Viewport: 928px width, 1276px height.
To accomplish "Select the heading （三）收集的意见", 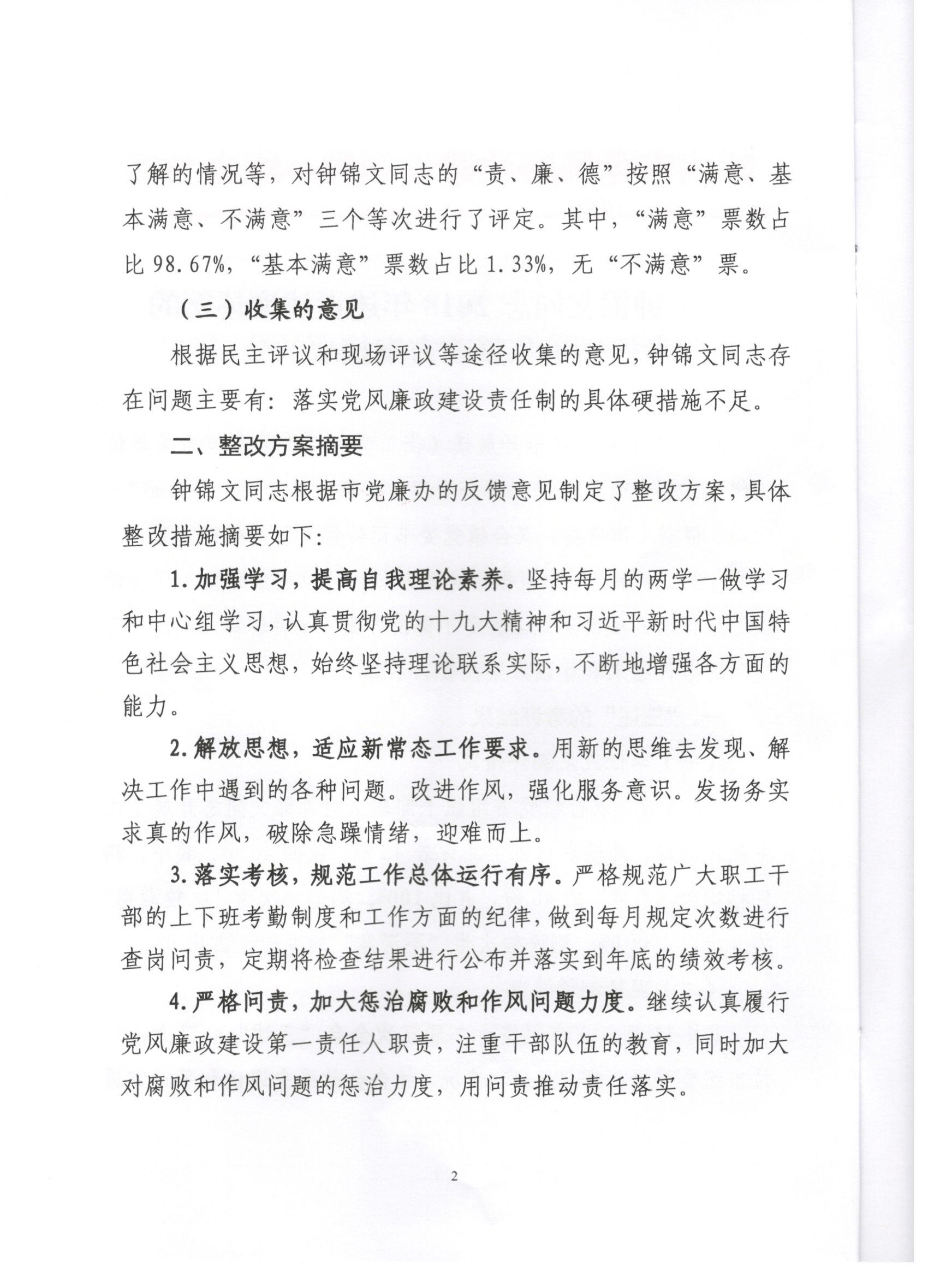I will (x=272, y=311).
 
